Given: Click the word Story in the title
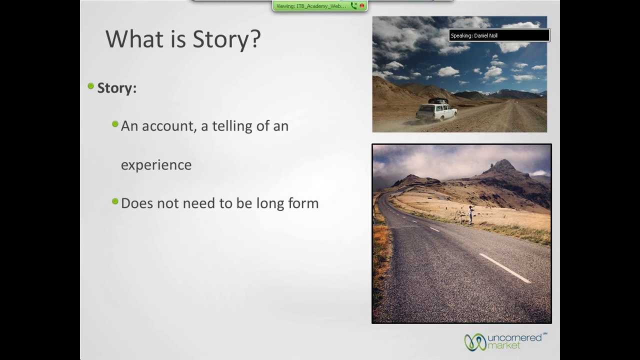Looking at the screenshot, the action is (220, 39).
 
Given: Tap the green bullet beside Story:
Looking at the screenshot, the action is (91, 86).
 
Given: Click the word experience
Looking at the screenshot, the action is (156, 165).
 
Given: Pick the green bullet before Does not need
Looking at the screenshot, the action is (115, 201).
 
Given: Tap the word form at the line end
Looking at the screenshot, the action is (303, 203).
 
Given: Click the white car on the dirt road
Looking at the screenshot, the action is (436, 111).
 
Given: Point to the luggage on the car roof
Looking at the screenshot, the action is (438, 101).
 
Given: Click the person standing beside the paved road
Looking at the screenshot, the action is (470, 215).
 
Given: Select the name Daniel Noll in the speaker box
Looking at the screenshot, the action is (485, 35).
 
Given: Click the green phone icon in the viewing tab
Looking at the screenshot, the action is (353, 5).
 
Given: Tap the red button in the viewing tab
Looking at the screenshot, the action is (362, 5).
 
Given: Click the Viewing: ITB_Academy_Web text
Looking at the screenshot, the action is (311, 6).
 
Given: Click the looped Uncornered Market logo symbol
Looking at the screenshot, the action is (475, 342).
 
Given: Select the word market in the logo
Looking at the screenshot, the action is (504, 345).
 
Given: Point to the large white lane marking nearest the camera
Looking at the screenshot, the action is (505, 268).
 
